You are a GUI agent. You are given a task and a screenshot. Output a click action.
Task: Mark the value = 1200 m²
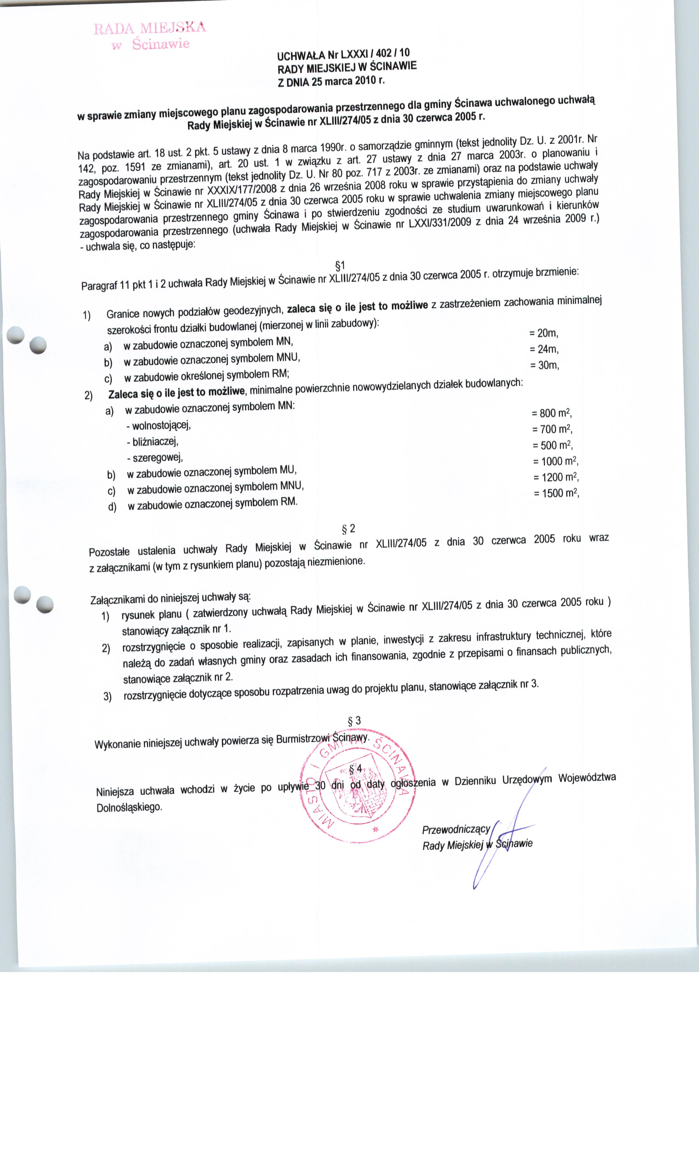(556, 477)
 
